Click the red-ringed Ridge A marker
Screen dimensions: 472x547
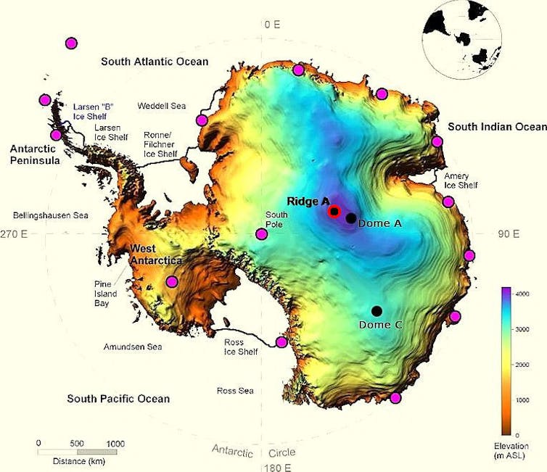coord(334,212)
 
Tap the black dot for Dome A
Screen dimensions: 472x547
coord(351,218)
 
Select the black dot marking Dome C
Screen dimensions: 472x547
coord(377,311)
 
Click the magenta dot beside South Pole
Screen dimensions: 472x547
coord(261,233)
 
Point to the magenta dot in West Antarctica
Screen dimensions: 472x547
coord(172,281)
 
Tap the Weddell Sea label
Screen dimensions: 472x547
coord(162,106)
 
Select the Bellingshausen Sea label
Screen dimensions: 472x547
coord(50,215)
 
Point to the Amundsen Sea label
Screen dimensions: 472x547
coord(132,347)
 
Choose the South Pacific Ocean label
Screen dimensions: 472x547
coord(118,399)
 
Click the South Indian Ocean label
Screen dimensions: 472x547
coord(496,127)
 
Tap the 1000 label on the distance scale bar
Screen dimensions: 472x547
coord(116,443)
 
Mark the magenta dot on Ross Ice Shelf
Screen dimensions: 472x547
coord(281,342)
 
